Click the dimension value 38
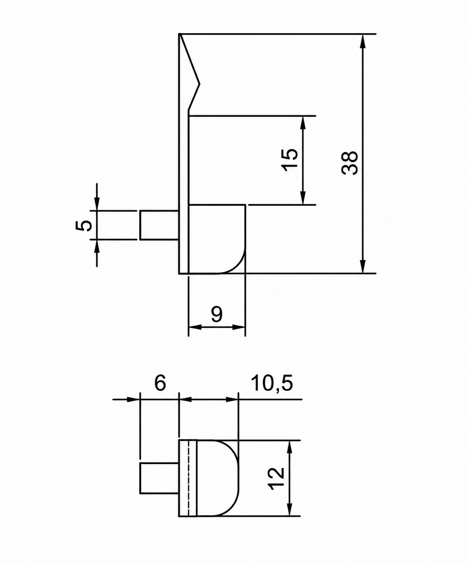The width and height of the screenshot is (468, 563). point(350,163)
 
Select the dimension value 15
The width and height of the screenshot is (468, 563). point(290,160)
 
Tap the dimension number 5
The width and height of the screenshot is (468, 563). point(84,225)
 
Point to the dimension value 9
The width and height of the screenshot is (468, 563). point(217,314)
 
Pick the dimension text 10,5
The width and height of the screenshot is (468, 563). point(272,383)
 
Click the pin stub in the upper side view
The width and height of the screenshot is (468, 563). point(159,225)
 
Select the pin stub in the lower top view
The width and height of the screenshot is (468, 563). point(159,478)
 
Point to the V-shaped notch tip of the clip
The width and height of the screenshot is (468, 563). point(199,84)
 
